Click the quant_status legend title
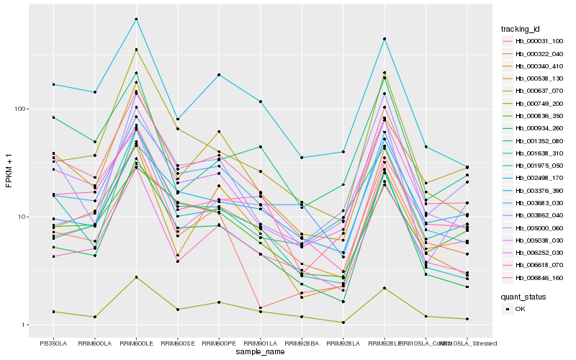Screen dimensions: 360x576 (524, 296)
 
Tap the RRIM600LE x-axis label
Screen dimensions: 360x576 (137, 343)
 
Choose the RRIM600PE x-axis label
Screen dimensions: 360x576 (220, 343)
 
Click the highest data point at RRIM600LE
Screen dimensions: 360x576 (137, 19)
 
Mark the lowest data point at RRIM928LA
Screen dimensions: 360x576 (344, 323)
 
